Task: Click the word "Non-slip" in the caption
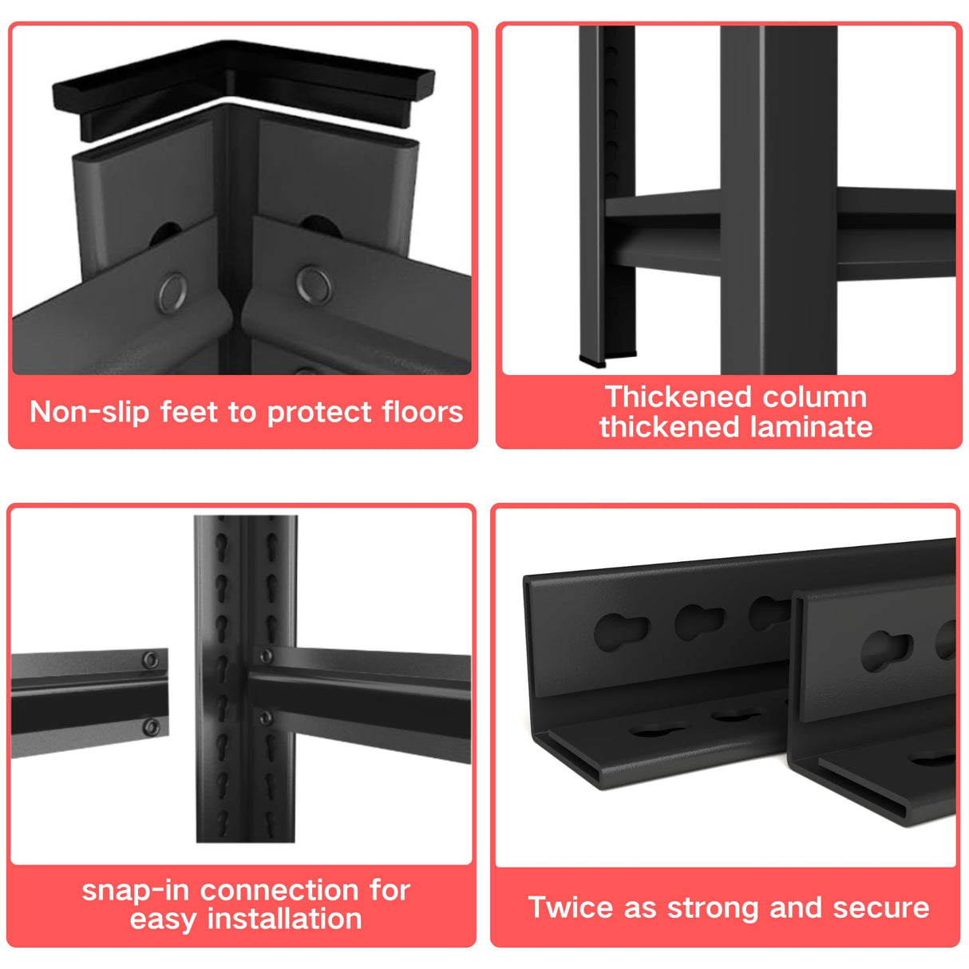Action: pyautogui.click(x=89, y=413)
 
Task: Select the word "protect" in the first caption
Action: pyautogui.click(x=319, y=413)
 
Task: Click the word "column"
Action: pyautogui.click(x=815, y=397)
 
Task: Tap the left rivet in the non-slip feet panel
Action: pyautogui.click(x=172, y=293)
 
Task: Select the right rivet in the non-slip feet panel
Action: pyautogui.click(x=314, y=285)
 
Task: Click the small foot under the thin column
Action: pyautogui.click(x=592, y=361)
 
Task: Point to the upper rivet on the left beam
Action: pyautogui.click(x=150, y=660)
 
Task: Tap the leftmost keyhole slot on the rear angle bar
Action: pyautogui.click(x=621, y=631)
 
